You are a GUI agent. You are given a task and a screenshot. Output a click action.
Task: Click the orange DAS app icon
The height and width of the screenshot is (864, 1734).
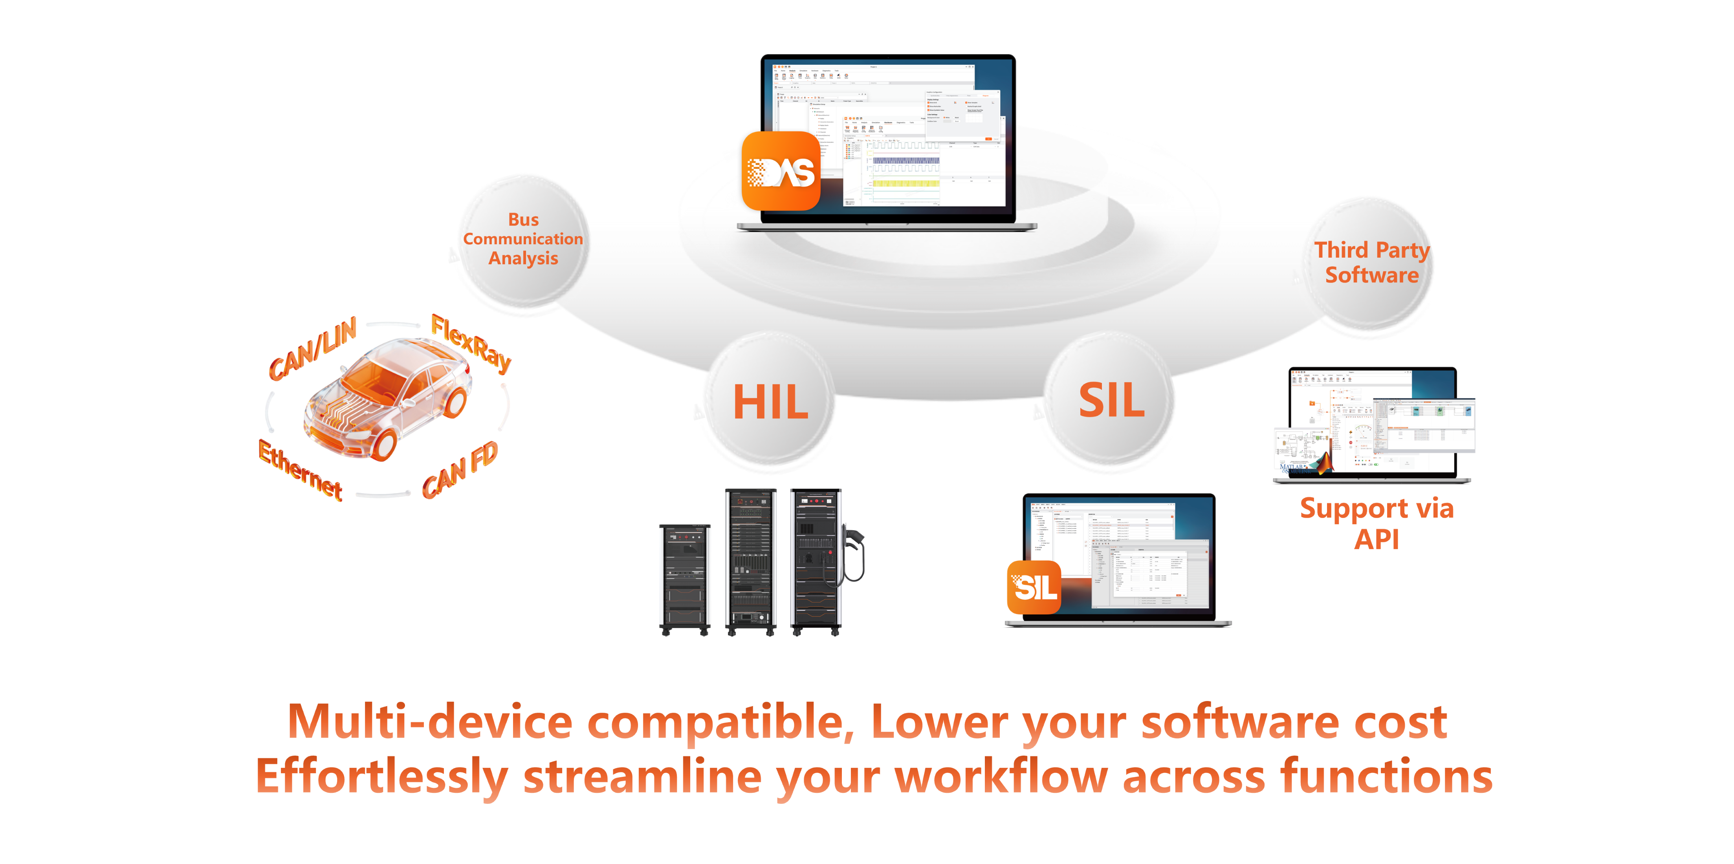click(x=781, y=171)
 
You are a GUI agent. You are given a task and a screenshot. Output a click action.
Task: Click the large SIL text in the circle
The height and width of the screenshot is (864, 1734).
click(x=1111, y=400)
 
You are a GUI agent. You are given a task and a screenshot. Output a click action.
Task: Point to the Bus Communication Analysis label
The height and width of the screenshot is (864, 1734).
click(x=523, y=239)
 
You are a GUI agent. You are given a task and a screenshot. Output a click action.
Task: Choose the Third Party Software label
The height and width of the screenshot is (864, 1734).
click(x=1372, y=262)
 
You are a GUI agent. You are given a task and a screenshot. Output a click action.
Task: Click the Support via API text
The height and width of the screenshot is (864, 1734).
click(x=1377, y=523)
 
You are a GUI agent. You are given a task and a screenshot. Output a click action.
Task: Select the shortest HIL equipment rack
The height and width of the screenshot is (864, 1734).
click(x=685, y=579)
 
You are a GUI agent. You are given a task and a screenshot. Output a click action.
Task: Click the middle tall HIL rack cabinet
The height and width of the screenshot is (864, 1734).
click(x=751, y=562)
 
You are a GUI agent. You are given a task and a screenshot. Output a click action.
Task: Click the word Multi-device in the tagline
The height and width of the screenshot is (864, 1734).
click(x=429, y=721)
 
